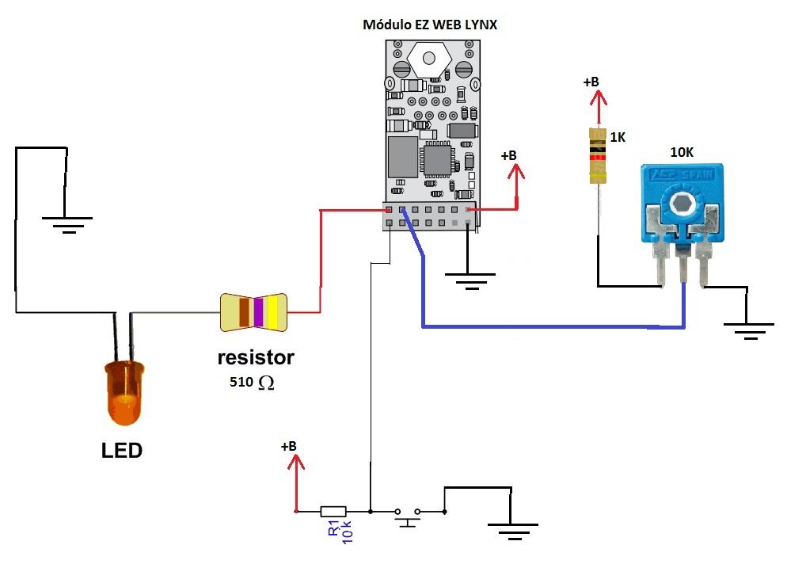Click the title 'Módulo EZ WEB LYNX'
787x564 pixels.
pos(430,25)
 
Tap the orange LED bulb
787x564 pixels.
pos(124,393)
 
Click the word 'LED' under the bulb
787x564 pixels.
pos(122,451)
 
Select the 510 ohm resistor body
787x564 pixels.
pos(253,312)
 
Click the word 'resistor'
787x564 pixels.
pos(256,357)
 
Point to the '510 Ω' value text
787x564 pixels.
pos(252,382)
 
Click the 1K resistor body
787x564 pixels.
pos(597,156)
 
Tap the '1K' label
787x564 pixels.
pos(618,137)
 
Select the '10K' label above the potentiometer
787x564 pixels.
pos(682,152)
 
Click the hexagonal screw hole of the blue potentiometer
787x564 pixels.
pos(682,203)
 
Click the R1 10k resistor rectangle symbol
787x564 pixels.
pos(333,512)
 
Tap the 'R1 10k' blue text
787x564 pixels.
pos(340,532)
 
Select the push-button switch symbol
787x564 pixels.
pos(407,516)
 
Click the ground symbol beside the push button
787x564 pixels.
pos(512,531)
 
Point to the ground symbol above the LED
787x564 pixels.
pos(67,225)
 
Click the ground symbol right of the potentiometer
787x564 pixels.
pos(748,331)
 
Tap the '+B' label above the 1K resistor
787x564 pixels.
pos(591,82)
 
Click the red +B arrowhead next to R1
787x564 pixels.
pos(296,462)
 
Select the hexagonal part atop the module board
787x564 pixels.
pos(428,59)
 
